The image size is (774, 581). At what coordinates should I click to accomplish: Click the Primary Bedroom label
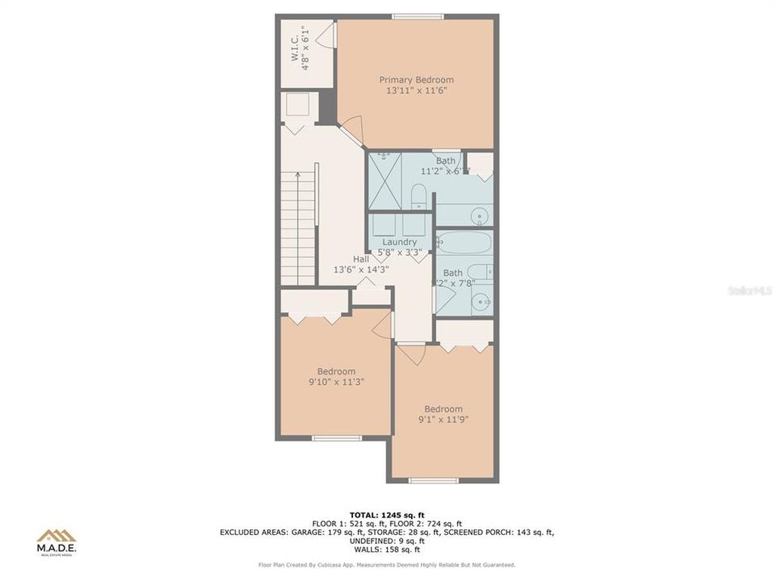click(416, 80)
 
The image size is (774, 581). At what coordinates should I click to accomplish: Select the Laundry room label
click(400, 242)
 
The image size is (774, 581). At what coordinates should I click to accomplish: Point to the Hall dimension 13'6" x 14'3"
click(361, 270)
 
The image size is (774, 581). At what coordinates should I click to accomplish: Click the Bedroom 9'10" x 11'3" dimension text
click(335, 382)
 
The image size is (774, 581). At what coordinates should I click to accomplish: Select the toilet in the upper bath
click(418, 196)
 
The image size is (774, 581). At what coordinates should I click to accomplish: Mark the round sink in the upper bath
click(481, 215)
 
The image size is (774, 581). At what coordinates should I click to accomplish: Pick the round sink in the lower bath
click(481, 303)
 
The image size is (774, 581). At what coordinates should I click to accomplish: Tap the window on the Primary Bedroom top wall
click(417, 16)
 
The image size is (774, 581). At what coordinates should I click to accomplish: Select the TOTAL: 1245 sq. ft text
click(386, 514)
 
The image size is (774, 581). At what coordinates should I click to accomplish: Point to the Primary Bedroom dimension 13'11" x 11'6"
click(416, 91)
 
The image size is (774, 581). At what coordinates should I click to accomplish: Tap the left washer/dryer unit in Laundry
click(384, 224)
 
